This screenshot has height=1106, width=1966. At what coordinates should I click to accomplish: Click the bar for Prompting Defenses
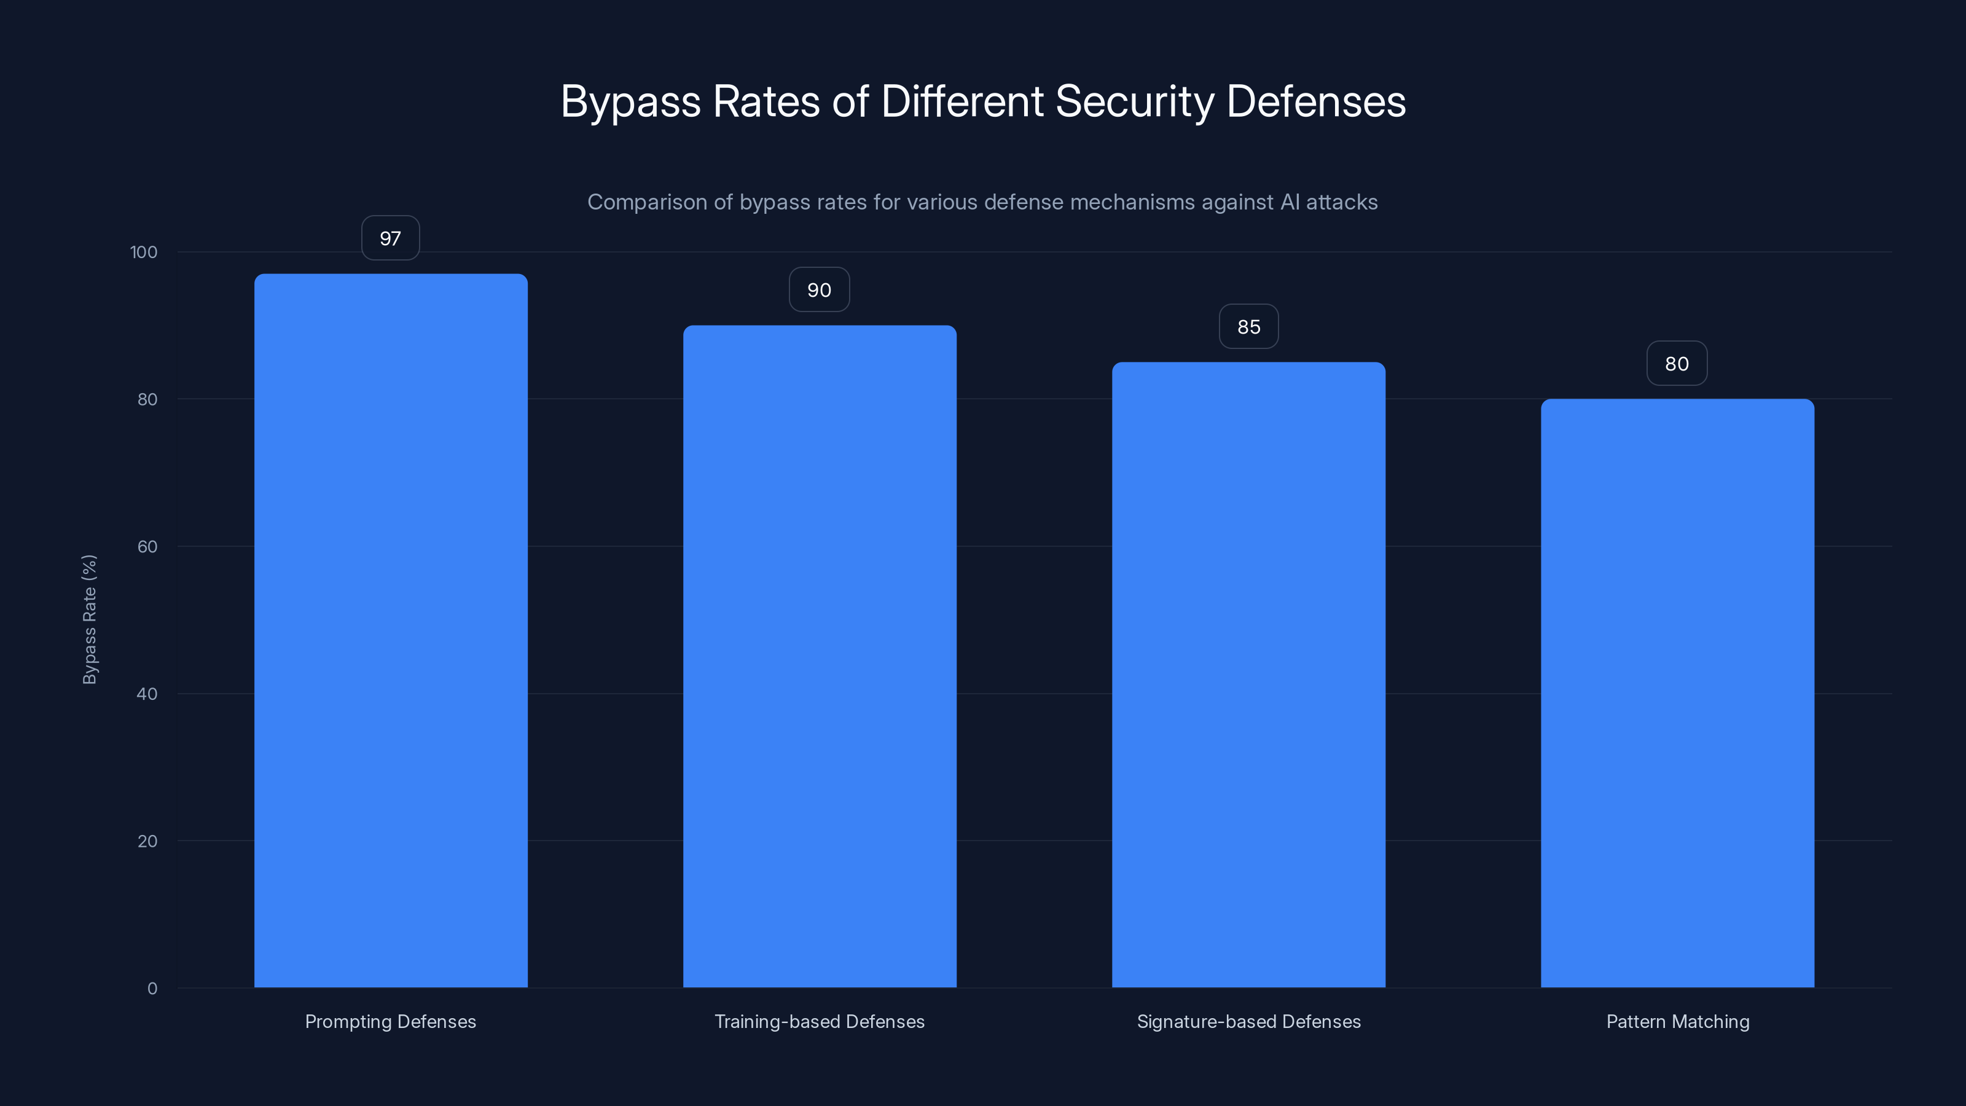[391, 630]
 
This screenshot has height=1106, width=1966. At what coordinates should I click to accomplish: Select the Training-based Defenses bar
[820, 656]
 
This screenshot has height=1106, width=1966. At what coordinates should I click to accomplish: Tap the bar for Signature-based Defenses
[1248, 675]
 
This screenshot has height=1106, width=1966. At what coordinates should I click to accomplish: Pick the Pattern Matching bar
[1677, 693]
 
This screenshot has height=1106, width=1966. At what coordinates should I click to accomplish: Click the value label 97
[391, 238]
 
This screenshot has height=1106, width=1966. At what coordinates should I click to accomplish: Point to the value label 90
[819, 290]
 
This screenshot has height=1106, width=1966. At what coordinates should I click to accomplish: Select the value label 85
[1248, 327]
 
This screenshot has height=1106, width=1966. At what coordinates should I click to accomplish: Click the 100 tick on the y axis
[144, 252]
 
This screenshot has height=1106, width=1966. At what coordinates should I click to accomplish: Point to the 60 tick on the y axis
[147, 546]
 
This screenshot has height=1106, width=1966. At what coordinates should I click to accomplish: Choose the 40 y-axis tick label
[147, 694]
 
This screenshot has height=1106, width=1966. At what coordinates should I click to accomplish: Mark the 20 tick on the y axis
[147, 841]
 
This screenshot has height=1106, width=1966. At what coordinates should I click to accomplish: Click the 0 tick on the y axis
[152, 989]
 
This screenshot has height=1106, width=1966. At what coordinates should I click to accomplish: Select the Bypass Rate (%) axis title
[89, 619]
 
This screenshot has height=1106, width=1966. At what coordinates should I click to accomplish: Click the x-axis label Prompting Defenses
[391, 1021]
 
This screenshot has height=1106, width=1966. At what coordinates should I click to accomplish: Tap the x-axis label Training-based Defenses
[820, 1021]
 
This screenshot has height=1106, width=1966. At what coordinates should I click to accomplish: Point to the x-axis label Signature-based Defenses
[1248, 1021]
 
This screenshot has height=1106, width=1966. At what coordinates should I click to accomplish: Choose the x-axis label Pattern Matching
[1677, 1021]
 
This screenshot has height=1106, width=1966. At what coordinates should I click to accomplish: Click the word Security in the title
[1135, 101]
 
